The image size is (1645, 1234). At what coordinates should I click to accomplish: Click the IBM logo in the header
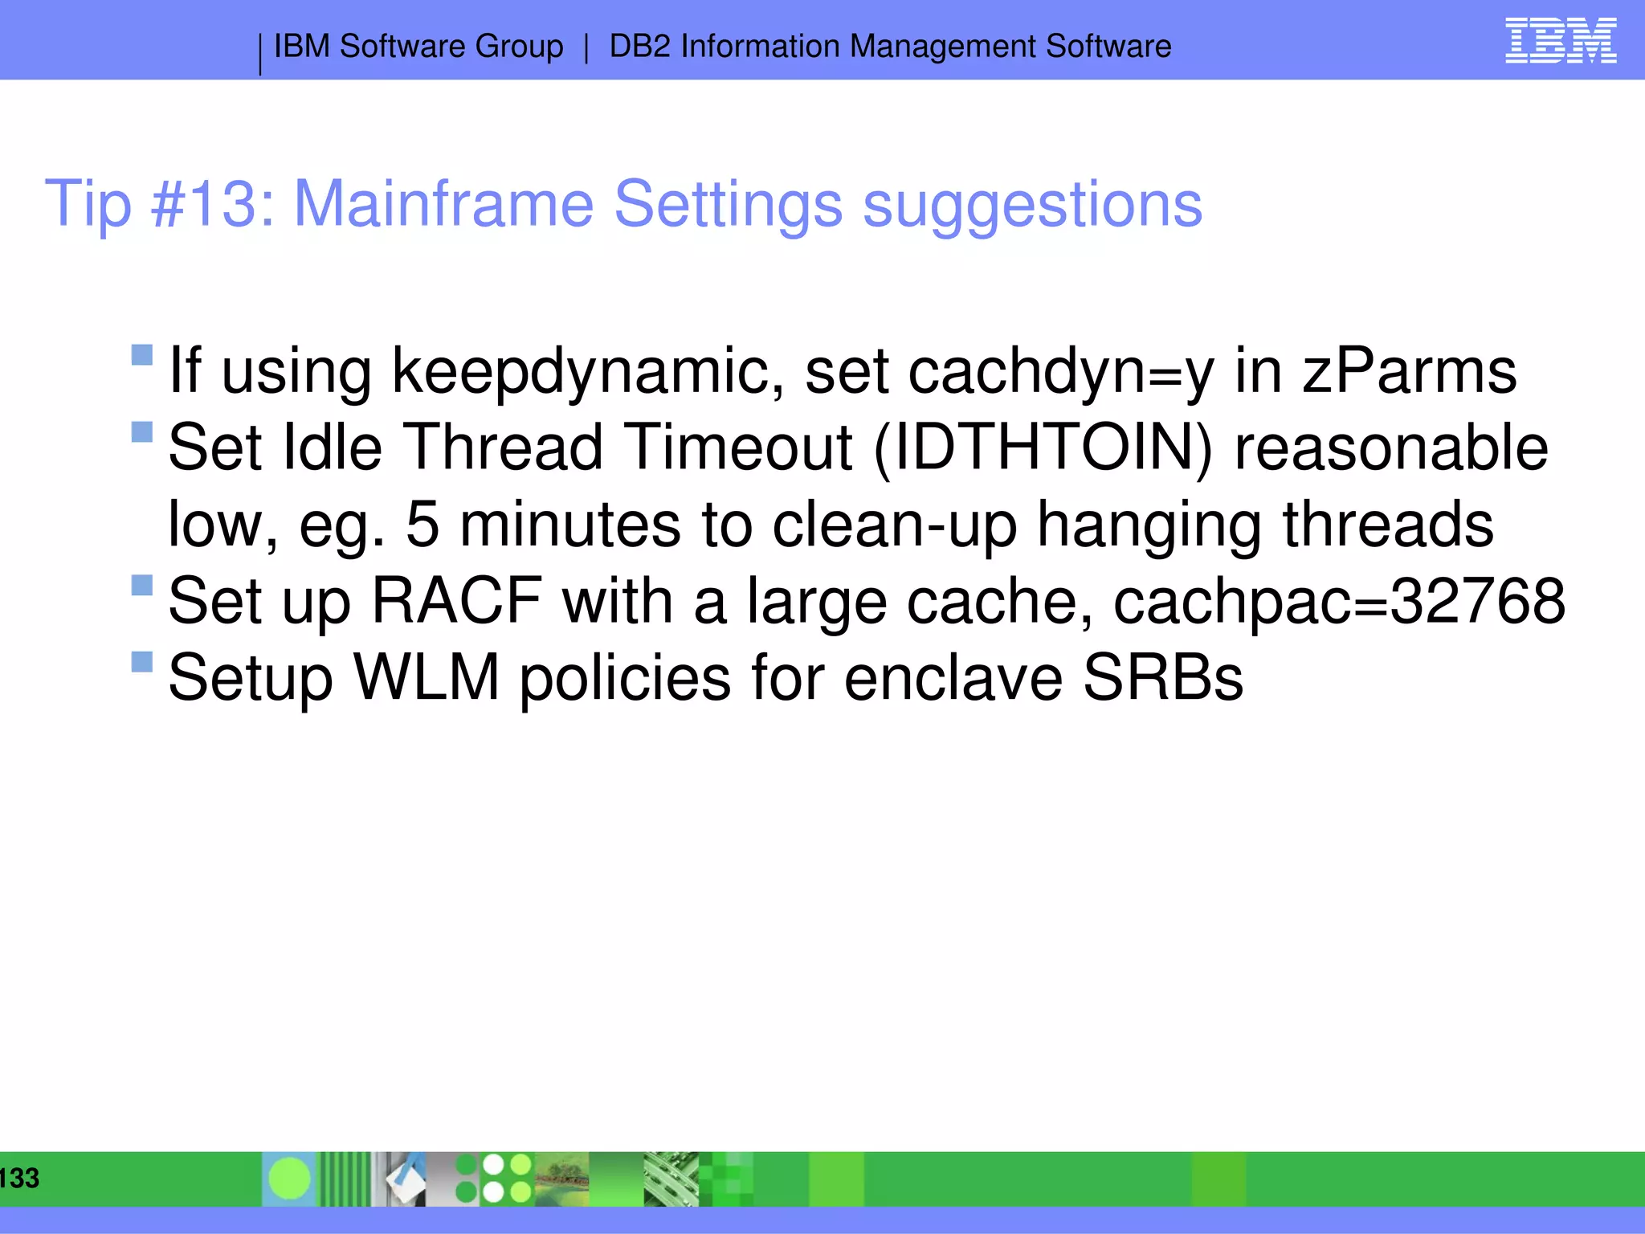pos(1560,41)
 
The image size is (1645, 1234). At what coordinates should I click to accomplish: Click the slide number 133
pos(19,1178)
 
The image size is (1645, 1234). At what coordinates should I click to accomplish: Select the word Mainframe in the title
pos(443,204)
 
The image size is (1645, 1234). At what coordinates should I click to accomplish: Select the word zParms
pos(1409,372)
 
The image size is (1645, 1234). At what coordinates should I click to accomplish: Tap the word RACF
pos(456,601)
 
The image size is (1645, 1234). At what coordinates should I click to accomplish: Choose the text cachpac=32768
pos(1339,601)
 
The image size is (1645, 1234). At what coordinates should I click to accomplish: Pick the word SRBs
pos(1162,678)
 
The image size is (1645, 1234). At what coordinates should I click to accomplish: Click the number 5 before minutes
pos(422,525)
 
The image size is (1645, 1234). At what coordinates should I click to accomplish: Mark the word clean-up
pos(894,525)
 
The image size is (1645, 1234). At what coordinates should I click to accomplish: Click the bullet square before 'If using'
pos(142,355)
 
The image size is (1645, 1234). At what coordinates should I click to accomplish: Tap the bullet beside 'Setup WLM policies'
pos(142,662)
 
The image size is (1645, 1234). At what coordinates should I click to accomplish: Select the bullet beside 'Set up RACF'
pos(142,585)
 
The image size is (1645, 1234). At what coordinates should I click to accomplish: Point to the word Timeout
pos(738,447)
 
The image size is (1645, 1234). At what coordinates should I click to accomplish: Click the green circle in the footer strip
pos(289,1179)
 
